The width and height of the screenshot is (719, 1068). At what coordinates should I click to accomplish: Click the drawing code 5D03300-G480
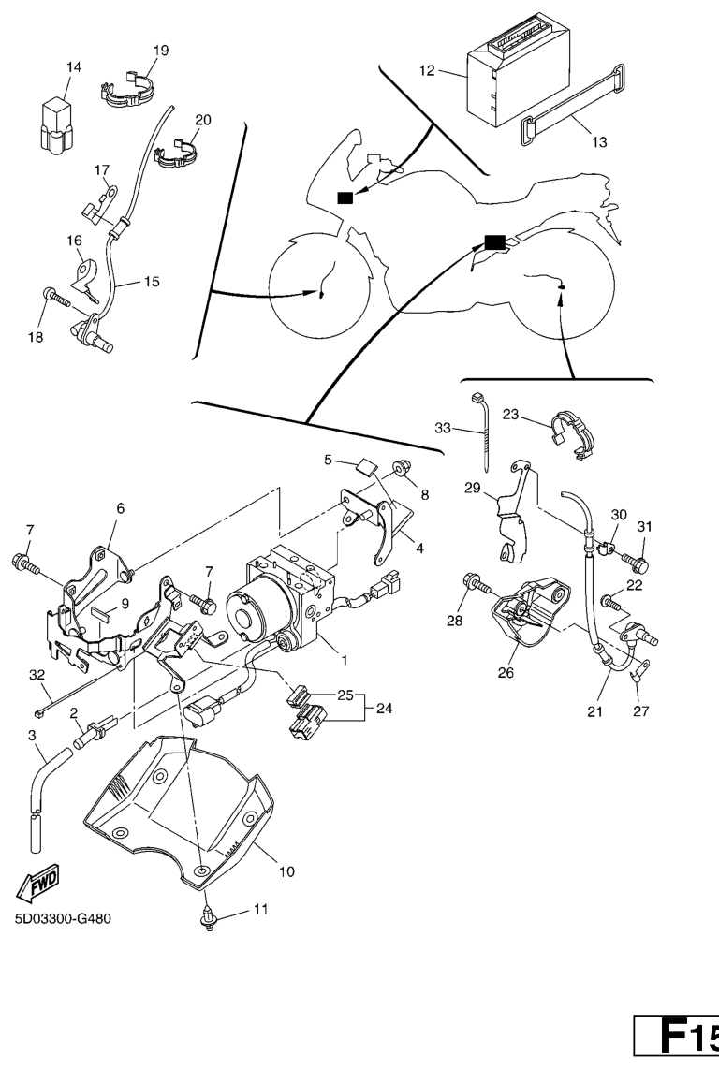point(63,918)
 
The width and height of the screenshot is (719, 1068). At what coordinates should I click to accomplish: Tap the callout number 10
point(286,871)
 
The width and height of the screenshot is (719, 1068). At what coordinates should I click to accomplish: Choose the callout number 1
point(345,659)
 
